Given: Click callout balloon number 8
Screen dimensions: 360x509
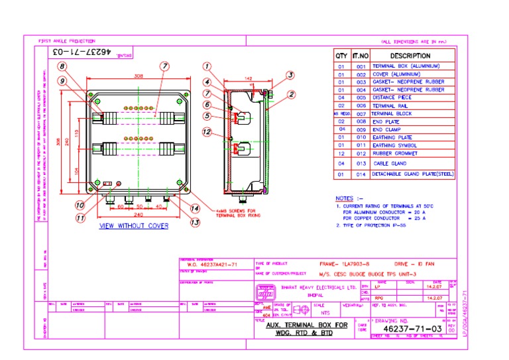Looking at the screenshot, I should (x=62, y=66).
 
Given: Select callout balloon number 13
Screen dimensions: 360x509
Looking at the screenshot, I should (x=195, y=223).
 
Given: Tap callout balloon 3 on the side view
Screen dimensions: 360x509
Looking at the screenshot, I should (x=290, y=75).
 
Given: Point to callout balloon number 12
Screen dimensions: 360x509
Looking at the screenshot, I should (x=207, y=132).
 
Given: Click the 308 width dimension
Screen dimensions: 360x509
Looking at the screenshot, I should (x=139, y=76).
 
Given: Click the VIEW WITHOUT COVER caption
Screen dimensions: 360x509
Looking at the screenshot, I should (x=133, y=226).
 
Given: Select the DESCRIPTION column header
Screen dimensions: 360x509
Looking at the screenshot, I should (x=410, y=56).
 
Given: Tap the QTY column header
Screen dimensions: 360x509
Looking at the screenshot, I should (x=341, y=56).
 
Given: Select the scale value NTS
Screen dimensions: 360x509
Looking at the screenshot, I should (x=325, y=312).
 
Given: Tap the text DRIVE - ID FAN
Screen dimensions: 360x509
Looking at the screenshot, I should (x=414, y=263).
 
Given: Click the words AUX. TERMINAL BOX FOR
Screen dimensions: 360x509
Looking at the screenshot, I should (x=307, y=325).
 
